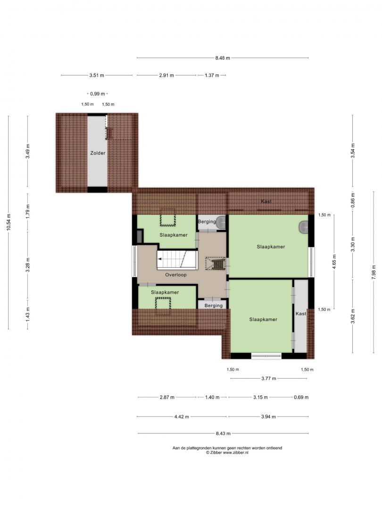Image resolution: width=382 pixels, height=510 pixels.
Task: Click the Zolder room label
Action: coord(98,153)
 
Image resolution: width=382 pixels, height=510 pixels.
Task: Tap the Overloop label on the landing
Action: coord(176,275)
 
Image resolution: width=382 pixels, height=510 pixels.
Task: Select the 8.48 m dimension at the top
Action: coord(223,58)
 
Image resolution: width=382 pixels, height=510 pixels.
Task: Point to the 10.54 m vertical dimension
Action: coord(8,222)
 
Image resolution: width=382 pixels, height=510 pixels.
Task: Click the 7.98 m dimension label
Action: coord(374,272)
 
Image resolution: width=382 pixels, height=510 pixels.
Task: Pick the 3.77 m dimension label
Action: coord(269,378)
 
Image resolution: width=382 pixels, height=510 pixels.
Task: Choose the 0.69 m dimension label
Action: coord(301,397)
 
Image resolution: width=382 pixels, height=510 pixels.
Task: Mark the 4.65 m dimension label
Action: coord(334,262)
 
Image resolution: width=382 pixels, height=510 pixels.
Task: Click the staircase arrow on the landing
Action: coord(160,259)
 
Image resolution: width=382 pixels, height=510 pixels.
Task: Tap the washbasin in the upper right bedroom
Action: coord(304,227)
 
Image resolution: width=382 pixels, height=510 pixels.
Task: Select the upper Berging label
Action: coord(207,221)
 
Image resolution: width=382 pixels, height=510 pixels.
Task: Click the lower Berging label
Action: coord(214,306)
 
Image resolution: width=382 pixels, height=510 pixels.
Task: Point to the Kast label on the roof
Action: coord(266,201)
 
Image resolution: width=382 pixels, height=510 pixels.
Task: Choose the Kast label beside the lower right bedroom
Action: coord(301,314)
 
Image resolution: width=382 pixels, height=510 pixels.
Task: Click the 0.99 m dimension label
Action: coord(98,93)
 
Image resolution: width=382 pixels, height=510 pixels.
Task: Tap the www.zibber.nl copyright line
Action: coord(227,452)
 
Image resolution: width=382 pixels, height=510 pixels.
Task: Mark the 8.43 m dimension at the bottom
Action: coord(223,433)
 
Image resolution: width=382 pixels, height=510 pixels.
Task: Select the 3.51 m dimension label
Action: coord(97,75)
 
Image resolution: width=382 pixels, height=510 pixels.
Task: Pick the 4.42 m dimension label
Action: coord(182,416)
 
